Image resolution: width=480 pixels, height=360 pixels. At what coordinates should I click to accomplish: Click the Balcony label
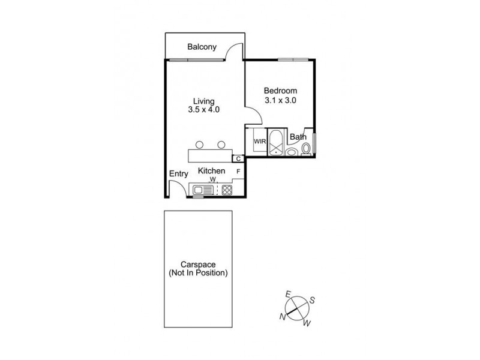pos(201,47)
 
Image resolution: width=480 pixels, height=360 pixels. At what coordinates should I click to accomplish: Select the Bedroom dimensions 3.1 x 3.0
pos(281,100)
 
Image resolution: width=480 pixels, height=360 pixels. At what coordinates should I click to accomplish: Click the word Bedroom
pos(281,91)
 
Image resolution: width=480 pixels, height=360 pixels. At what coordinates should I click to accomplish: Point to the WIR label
pos(260,142)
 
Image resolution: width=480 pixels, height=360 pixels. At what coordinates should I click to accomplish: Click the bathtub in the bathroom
pos(277,142)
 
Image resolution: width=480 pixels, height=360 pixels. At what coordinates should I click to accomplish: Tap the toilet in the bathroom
pos(307,148)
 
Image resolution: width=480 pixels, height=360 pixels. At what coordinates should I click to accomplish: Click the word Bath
pos(298,137)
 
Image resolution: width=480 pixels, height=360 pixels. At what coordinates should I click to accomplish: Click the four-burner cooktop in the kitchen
pos(227,190)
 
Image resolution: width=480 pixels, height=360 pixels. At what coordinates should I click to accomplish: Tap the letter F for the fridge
pos(238,172)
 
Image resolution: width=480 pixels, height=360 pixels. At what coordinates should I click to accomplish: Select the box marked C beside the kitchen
pos(238,158)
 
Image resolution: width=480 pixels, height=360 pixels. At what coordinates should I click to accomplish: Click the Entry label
pos(178,174)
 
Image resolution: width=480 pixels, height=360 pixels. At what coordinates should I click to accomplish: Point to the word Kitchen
pos(212,171)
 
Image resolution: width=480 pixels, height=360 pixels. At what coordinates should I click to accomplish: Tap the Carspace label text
pos(199,268)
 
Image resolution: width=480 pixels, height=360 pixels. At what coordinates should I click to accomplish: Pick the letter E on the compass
pos(288,294)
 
